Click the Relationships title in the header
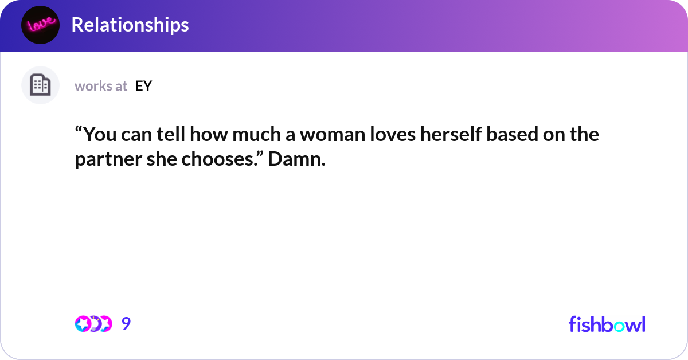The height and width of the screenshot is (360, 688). [130, 25]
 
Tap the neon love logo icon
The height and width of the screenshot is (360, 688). [40, 25]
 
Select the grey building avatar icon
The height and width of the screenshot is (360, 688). [40, 85]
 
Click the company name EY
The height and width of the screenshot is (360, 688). [143, 86]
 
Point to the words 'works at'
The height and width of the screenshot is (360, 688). [101, 86]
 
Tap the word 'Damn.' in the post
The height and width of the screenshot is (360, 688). [296, 160]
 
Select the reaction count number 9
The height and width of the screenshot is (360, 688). [126, 324]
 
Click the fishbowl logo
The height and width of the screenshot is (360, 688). [607, 324]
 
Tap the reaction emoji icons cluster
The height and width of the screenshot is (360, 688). [93, 324]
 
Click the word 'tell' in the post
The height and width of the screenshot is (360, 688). [173, 135]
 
